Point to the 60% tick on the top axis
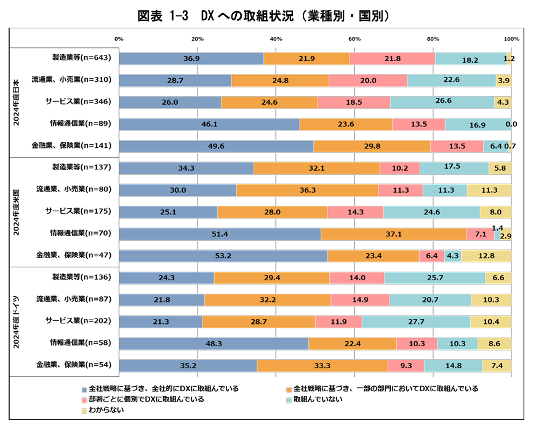pyautogui.click(x=354, y=39)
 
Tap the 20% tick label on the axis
pyautogui.click(x=198, y=39)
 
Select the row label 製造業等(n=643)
pyautogui.click(x=81, y=58)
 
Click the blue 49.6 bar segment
pyautogui.click(x=216, y=147)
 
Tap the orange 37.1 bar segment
pyautogui.click(x=393, y=234)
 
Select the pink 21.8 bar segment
pyautogui.click(x=392, y=59)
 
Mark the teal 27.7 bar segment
pyautogui.click(x=416, y=322)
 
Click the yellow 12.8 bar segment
pyautogui.click(x=486, y=256)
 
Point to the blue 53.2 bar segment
pyautogui.click(x=223, y=256)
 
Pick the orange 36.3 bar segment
pyautogui.click(x=307, y=190)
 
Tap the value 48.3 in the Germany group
pyautogui.click(x=214, y=344)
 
